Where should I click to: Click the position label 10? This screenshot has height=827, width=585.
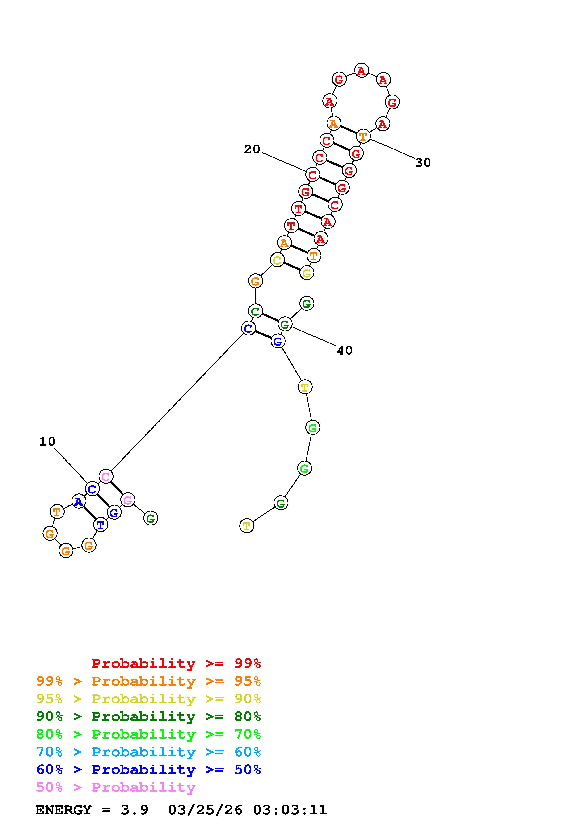point(47,441)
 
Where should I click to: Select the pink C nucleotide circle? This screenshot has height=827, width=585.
point(106,476)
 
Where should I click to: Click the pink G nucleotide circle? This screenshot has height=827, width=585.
point(128,500)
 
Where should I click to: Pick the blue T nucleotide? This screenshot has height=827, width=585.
point(100,525)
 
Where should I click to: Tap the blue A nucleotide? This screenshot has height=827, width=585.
point(79,501)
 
